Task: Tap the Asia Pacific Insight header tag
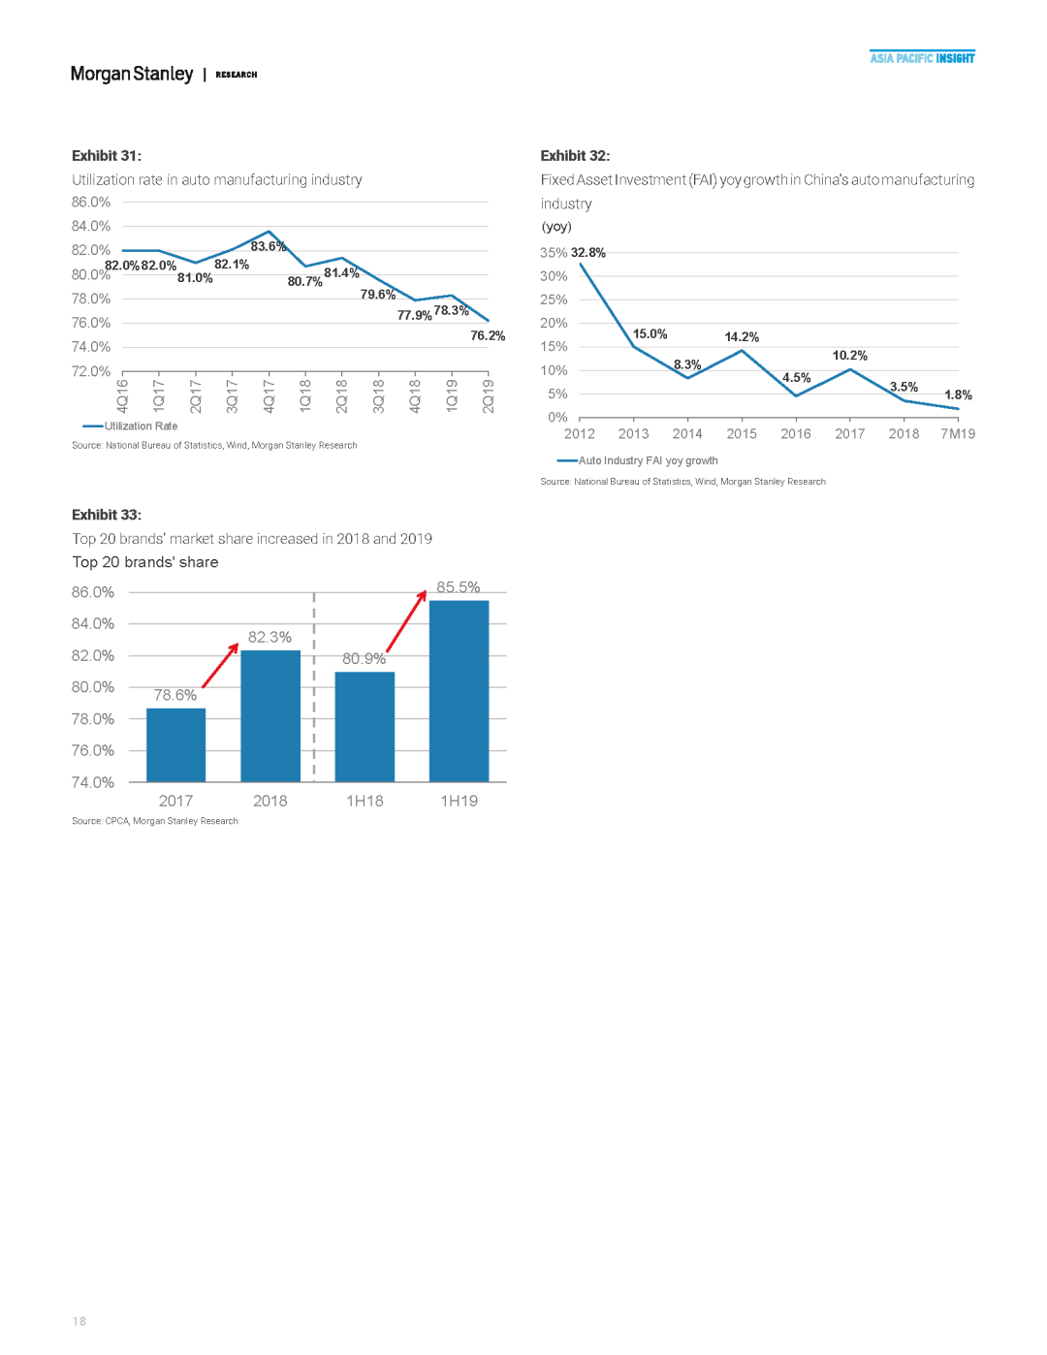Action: pyautogui.click(x=922, y=58)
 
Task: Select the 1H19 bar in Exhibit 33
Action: pyautogui.click(x=459, y=691)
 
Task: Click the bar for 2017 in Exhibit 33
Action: pyautogui.click(x=175, y=744)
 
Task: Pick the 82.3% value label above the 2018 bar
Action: pyautogui.click(x=270, y=637)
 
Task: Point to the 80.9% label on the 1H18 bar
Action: pyautogui.click(x=365, y=658)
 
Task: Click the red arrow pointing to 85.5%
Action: pyautogui.click(x=406, y=621)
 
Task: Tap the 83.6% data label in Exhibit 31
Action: pyautogui.click(x=269, y=246)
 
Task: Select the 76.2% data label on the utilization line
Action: pyautogui.click(x=488, y=335)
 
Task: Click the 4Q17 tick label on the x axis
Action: pyautogui.click(x=269, y=396)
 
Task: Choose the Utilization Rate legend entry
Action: pyautogui.click(x=130, y=425)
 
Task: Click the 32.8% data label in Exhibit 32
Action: pyautogui.click(x=588, y=253)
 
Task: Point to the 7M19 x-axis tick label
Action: pyautogui.click(x=958, y=434)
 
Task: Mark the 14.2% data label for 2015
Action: pyautogui.click(x=742, y=336)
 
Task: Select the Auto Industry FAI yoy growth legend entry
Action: pyautogui.click(x=637, y=460)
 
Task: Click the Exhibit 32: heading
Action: pyautogui.click(x=575, y=156)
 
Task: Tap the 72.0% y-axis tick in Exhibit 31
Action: pyautogui.click(x=91, y=371)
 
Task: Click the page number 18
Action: pyautogui.click(x=79, y=1321)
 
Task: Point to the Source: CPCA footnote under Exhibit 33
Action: pyautogui.click(x=155, y=821)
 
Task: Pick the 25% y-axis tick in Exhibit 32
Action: pyautogui.click(x=554, y=299)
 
